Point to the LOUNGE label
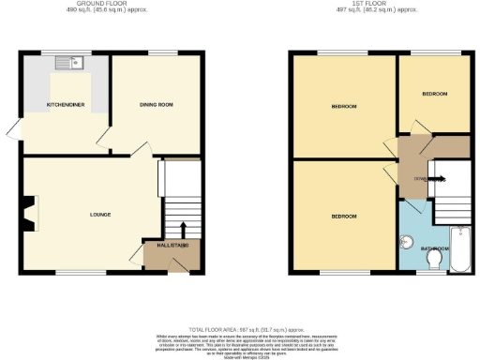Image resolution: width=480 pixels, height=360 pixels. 99,215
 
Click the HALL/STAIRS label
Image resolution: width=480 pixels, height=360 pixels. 171,245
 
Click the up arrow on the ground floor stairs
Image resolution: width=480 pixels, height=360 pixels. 182,228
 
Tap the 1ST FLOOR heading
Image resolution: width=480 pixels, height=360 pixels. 379,5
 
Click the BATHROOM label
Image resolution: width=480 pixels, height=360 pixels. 434,248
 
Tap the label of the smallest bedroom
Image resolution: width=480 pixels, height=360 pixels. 433,95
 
